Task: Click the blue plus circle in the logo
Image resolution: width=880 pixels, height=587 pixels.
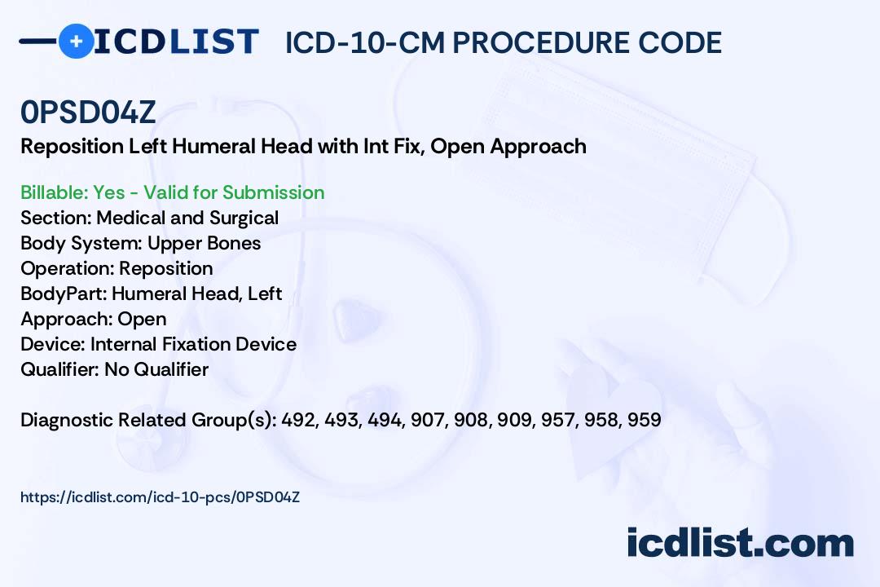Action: click(77, 41)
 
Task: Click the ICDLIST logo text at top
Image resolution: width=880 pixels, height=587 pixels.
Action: click(176, 42)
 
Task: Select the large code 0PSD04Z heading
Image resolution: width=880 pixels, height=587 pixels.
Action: click(88, 112)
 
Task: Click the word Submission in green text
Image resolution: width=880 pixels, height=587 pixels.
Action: click(273, 192)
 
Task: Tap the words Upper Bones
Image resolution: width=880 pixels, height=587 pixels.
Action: click(205, 243)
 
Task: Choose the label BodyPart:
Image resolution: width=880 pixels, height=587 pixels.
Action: click(64, 293)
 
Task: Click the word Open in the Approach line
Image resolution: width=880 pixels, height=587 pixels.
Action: click(142, 319)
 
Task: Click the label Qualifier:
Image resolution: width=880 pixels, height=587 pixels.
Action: click(60, 369)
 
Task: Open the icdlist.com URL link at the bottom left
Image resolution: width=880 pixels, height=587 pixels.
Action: click(160, 497)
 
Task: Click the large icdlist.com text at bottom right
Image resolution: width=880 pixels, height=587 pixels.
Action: click(740, 542)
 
